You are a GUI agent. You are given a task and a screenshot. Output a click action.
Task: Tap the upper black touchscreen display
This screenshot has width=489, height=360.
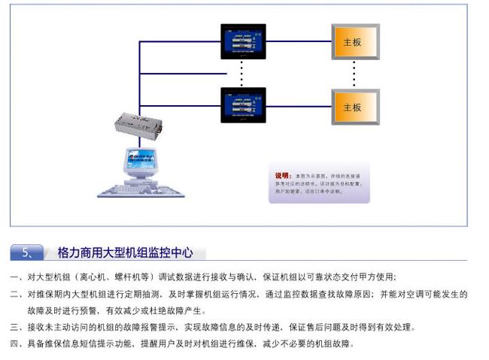click(243, 41)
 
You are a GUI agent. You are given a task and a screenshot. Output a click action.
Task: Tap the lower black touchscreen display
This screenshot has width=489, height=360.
click(243, 106)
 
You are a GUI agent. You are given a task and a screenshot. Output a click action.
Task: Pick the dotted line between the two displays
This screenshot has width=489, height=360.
click(242, 73)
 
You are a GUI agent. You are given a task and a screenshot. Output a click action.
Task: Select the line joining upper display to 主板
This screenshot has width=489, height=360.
click(299, 43)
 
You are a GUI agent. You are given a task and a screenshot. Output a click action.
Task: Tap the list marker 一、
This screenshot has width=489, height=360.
click(16, 277)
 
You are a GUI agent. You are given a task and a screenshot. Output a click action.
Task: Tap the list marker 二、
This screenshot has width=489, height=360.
click(16, 295)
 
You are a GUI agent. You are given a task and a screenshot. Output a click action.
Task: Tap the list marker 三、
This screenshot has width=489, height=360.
click(16, 328)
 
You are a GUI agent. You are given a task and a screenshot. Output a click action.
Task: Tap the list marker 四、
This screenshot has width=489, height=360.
click(16, 344)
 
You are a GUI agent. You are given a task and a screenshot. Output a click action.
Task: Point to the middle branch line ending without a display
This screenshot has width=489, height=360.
click(181, 75)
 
